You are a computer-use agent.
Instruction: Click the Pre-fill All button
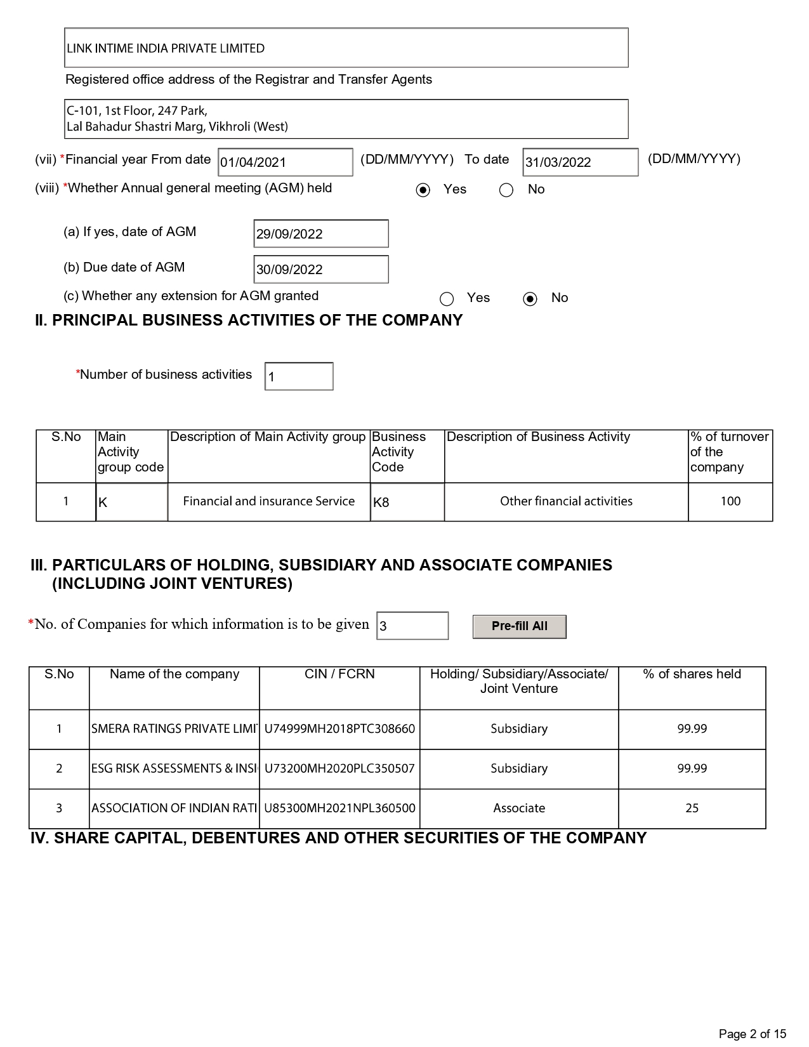tap(519, 626)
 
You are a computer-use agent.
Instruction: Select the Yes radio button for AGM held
tap(423, 190)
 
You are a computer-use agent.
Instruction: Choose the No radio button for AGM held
tap(506, 190)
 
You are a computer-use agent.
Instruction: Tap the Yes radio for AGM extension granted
tap(447, 299)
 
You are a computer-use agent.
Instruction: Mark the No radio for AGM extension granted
tap(530, 299)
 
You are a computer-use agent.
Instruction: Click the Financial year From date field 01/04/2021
tap(285, 162)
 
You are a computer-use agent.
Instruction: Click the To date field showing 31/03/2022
tap(580, 162)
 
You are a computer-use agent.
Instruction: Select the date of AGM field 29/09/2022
tap(320, 234)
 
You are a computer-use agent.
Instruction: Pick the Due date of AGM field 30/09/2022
tap(320, 270)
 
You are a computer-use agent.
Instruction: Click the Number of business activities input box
tap(299, 377)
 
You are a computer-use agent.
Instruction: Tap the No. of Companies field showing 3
tap(412, 626)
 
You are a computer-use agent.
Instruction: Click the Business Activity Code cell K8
tap(407, 503)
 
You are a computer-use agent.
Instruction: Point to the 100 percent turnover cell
tap(730, 501)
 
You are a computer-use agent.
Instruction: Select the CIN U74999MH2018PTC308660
tap(339, 729)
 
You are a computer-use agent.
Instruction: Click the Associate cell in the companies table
tap(519, 808)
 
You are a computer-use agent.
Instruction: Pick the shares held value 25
tap(692, 808)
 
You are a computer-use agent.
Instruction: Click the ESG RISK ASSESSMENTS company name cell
tap(174, 769)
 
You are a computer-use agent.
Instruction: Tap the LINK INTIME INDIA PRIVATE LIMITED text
tap(166, 49)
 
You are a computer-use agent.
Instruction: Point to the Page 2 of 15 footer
tap(752, 1034)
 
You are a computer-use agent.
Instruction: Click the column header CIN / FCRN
tap(339, 675)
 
